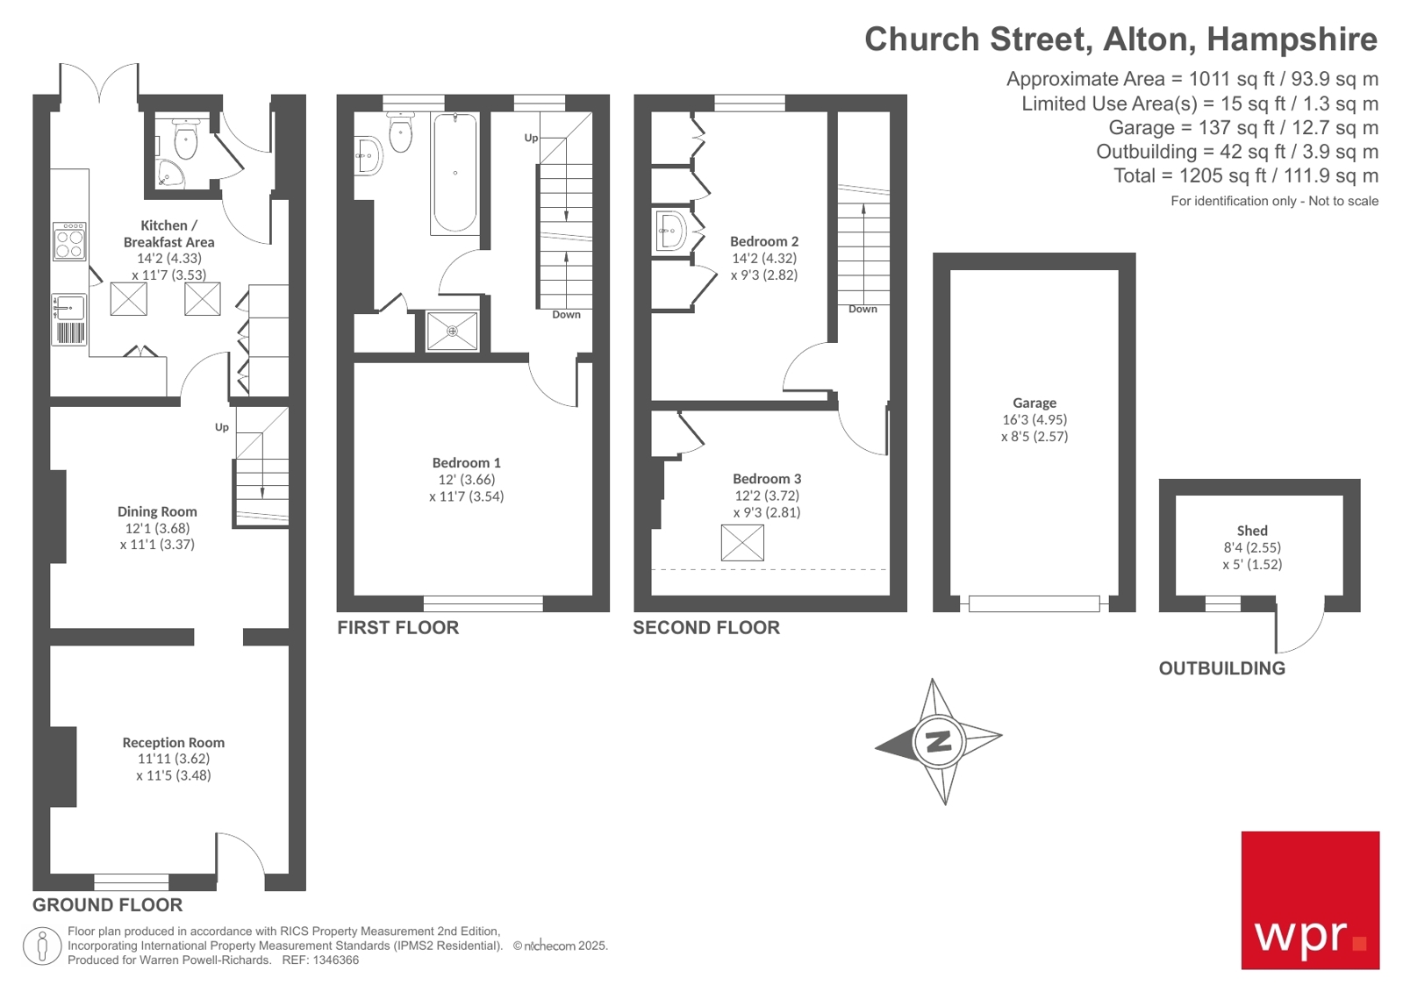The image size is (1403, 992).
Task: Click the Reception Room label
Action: point(173,742)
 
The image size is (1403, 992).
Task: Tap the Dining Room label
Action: point(157,511)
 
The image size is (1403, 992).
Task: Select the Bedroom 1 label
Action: point(466,462)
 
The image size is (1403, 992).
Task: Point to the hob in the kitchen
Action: point(69,241)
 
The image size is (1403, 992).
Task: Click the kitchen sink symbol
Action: point(68,308)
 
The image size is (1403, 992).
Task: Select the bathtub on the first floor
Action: point(455,173)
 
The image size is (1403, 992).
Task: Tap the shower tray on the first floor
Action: point(452,332)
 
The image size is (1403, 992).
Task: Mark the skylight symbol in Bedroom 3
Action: point(742,543)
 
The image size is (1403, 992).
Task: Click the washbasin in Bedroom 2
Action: point(670,231)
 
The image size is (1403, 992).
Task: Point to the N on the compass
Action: point(939,741)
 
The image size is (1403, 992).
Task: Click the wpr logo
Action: point(1309,900)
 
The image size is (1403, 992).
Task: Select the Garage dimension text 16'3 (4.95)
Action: point(1034,419)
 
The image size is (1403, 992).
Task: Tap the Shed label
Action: point(1251,531)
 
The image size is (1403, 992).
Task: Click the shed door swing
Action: point(1299,626)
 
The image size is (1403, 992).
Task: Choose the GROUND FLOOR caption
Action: point(107,905)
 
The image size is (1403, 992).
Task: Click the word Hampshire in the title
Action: point(1292,39)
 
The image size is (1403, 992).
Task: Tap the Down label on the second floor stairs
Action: point(862,309)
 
